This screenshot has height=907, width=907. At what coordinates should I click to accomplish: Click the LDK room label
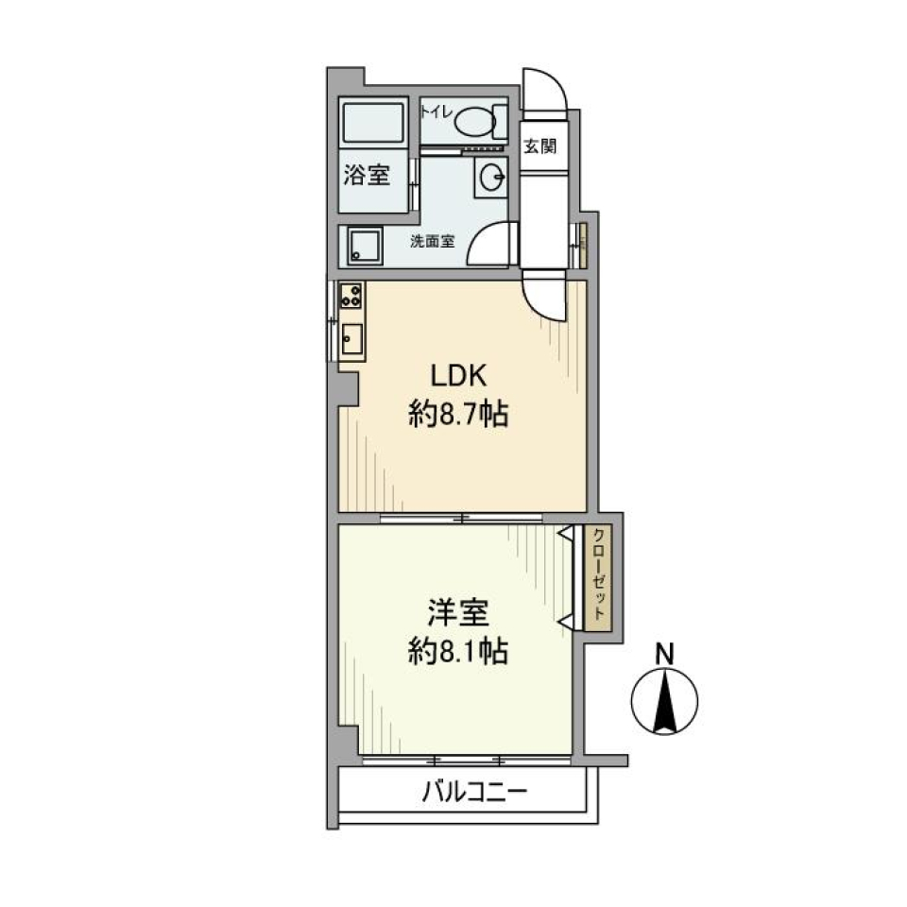pyautogui.click(x=458, y=376)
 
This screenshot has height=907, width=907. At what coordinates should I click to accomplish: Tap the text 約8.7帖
pyautogui.click(x=458, y=415)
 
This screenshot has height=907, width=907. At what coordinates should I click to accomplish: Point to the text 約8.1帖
pyautogui.click(x=458, y=652)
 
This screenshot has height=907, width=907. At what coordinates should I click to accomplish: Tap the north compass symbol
pyautogui.click(x=664, y=700)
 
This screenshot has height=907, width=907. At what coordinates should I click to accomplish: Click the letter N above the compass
pyautogui.click(x=665, y=652)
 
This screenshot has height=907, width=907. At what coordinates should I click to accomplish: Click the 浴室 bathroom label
pyautogui.click(x=366, y=176)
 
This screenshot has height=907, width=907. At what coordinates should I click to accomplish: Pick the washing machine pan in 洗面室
pyautogui.click(x=364, y=246)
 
